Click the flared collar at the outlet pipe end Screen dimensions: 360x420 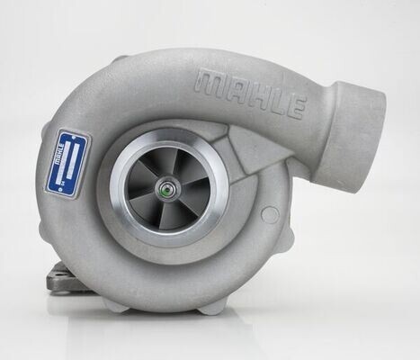(360, 126)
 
